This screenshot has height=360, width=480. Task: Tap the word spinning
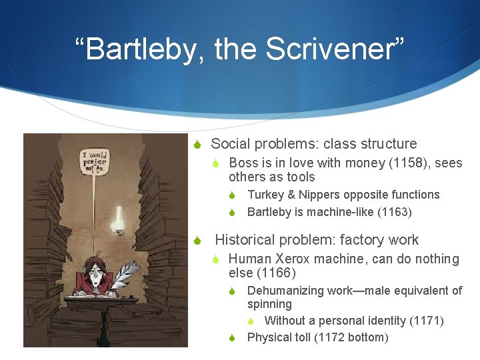(x=269, y=304)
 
